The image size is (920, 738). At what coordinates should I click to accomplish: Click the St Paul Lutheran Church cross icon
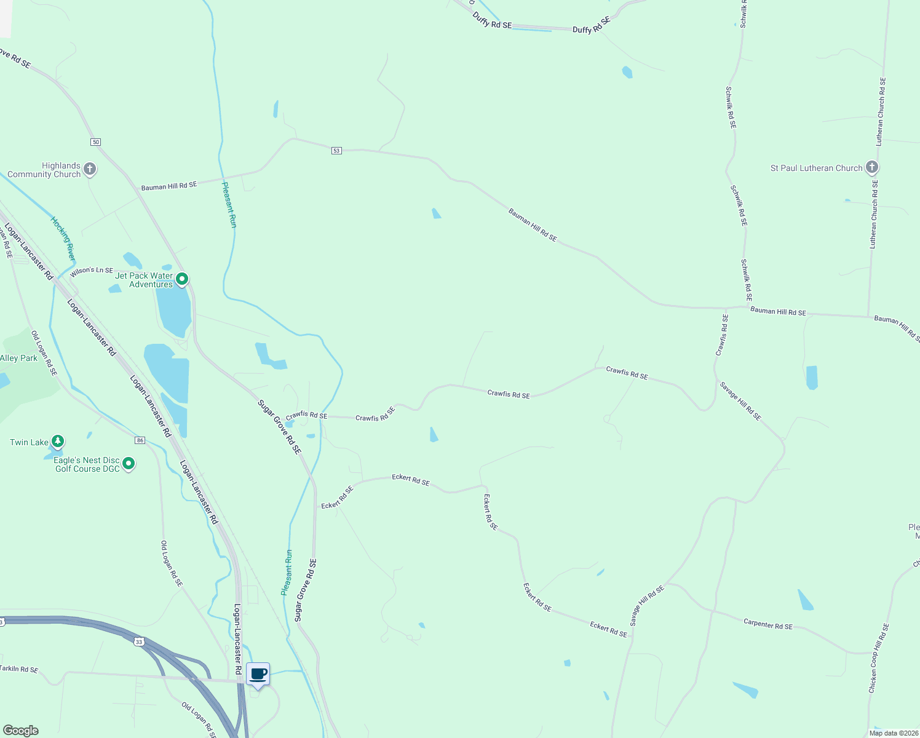(871, 167)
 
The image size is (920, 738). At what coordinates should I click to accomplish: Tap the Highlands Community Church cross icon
(90, 169)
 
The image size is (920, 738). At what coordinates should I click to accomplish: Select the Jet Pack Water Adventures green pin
(182, 280)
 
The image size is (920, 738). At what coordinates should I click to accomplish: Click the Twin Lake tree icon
(58, 442)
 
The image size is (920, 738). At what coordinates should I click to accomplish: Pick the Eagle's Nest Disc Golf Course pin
(129, 464)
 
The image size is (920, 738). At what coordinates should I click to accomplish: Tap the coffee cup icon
(258, 674)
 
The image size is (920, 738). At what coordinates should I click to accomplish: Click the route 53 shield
(336, 151)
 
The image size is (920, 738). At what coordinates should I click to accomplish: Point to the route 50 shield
(95, 142)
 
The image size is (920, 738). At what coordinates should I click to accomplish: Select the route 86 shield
(140, 440)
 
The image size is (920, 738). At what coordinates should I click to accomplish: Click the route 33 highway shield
(139, 642)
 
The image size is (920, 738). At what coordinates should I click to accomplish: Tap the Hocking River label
(63, 239)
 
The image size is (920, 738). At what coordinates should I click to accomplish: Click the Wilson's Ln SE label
(92, 271)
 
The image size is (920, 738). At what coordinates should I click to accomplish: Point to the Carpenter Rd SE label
(768, 624)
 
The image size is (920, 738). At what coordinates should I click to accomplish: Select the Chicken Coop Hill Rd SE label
(878, 658)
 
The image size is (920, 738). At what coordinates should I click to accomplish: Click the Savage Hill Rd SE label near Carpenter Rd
(647, 606)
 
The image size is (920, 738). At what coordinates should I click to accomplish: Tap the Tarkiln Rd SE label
(19, 669)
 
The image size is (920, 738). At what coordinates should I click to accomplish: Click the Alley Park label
(19, 358)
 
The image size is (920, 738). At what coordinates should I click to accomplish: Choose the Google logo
(21, 731)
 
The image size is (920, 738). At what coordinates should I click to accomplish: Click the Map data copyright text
(893, 733)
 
